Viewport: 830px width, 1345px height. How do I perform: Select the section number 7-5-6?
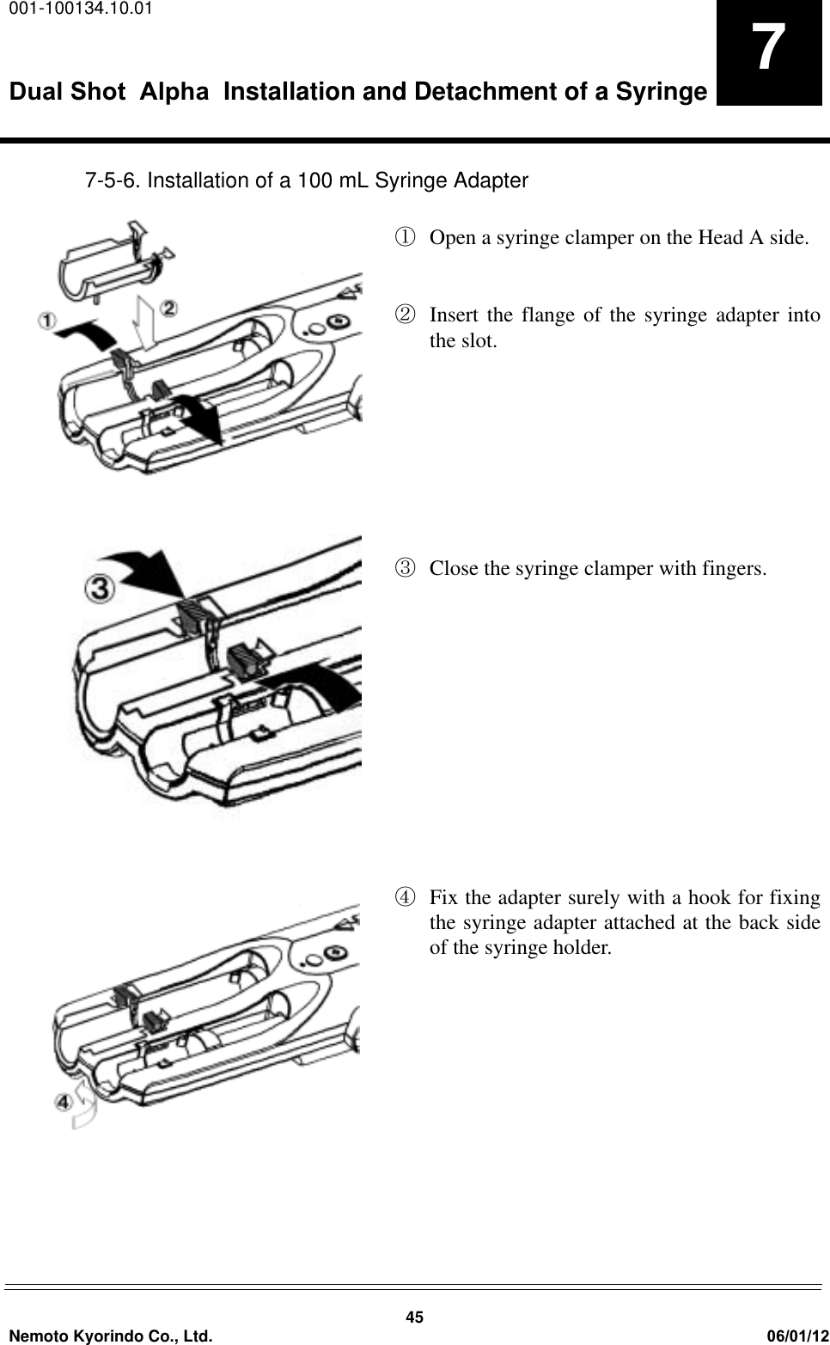click(x=112, y=181)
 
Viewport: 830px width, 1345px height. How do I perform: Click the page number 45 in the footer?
click(x=415, y=1318)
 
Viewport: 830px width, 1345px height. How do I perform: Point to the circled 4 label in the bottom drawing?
click(x=64, y=1099)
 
